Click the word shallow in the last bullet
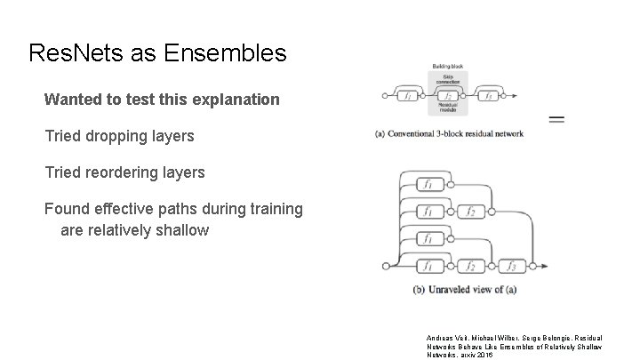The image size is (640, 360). pyautogui.click(x=180, y=230)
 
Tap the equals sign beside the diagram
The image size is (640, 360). pyautogui.click(x=557, y=119)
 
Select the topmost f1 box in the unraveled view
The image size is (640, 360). pyautogui.click(x=428, y=185)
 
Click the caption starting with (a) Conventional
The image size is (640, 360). pyautogui.click(x=449, y=134)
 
